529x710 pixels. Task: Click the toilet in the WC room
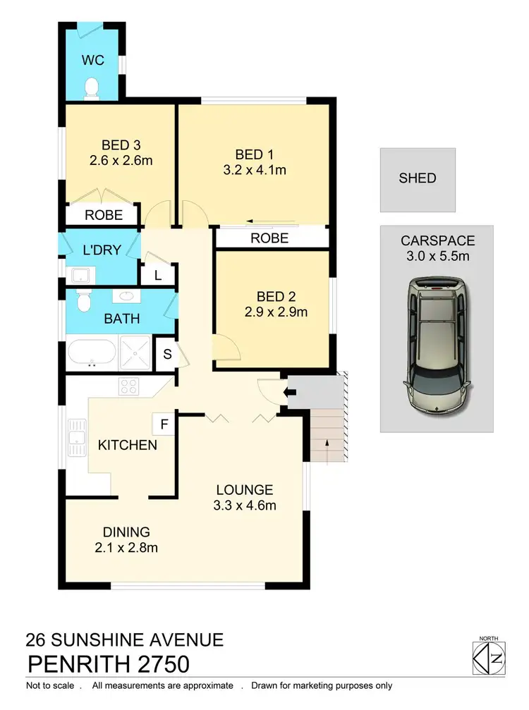(91, 87)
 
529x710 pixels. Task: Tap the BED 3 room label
(121, 144)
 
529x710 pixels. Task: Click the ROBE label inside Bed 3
(104, 215)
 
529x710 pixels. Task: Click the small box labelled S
(168, 353)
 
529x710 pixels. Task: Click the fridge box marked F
(164, 424)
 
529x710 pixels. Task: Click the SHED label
(418, 178)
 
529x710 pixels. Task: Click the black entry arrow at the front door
(290, 391)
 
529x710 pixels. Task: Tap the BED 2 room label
(271, 295)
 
